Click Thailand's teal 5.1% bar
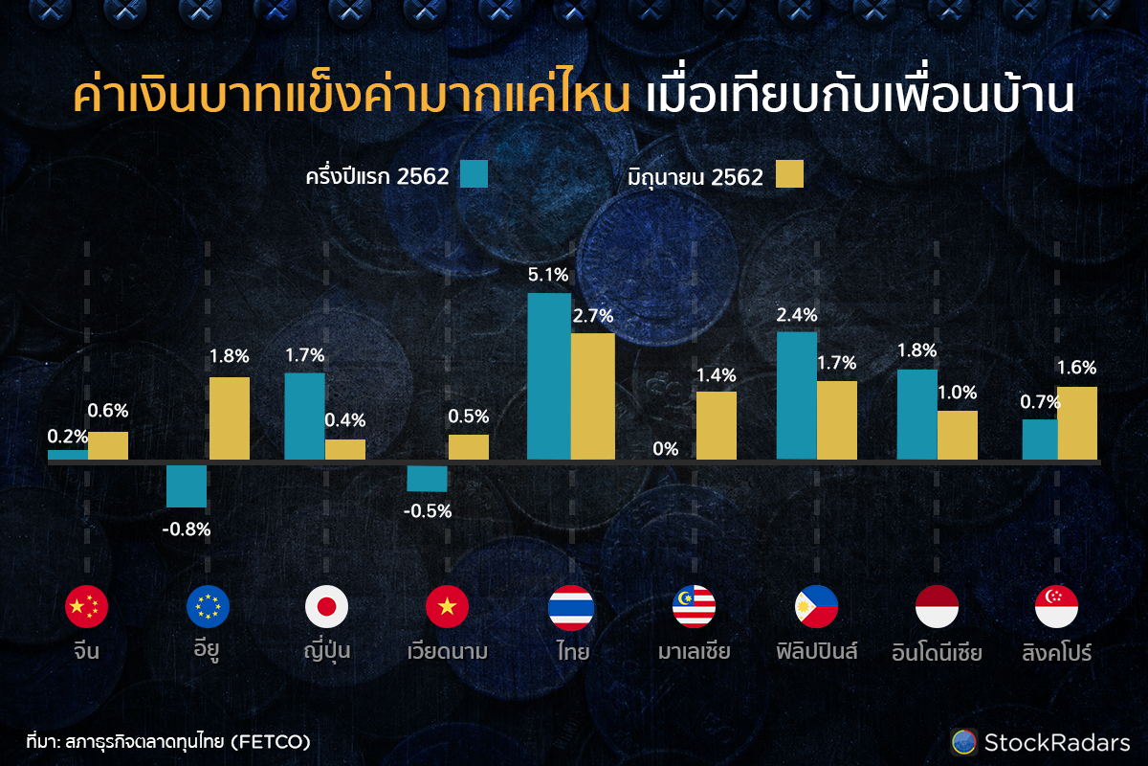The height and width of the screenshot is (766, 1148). [x=549, y=376]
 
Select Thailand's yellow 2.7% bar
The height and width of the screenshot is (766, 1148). [x=593, y=396]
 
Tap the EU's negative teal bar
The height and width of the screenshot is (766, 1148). [x=187, y=485]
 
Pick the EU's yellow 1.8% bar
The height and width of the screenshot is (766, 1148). [x=230, y=418]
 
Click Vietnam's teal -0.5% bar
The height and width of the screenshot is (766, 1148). [x=427, y=478]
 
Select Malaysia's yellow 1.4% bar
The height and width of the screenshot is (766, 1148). [x=717, y=426]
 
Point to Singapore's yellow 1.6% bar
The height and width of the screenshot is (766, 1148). [x=1077, y=423]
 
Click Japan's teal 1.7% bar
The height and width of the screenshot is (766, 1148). [x=305, y=417]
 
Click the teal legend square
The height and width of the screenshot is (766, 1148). [x=474, y=173]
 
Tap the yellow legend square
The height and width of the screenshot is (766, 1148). [x=789, y=173]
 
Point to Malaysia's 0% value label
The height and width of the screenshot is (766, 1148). [x=666, y=449]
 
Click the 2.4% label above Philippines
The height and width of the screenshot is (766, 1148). [x=797, y=314]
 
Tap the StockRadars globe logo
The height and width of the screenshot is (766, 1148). [x=963, y=741]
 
